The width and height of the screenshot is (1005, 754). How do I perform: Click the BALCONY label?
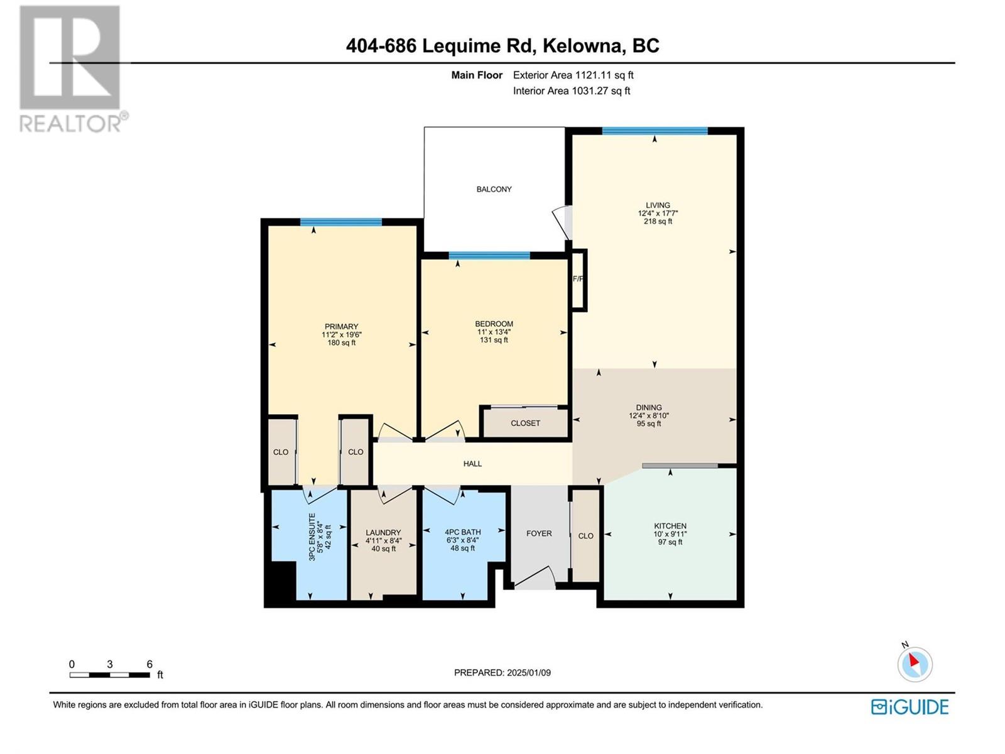pyautogui.click(x=494, y=189)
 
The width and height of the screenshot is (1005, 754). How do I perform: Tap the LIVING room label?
pyautogui.click(x=658, y=205)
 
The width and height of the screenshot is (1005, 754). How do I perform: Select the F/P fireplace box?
pyautogui.click(x=579, y=280)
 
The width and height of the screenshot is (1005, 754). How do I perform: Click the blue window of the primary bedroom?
pyautogui.click(x=340, y=222)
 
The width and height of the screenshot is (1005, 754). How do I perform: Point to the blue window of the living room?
pyautogui.click(x=655, y=131)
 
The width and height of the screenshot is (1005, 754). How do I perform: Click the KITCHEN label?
pyautogui.click(x=670, y=526)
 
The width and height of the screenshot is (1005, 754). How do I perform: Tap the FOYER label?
pyautogui.click(x=539, y=533)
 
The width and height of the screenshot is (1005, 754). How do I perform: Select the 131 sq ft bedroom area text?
pyautogui.click(x=494, y=340)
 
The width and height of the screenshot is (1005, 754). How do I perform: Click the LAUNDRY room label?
pyautogui.click(x=383, y=532)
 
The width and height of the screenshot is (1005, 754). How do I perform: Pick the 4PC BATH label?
pyautogui.click(x=462, y=532)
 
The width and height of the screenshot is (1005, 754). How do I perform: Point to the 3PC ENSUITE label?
pyautogui.click(x=312, y=537)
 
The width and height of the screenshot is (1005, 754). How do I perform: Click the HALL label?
pyautogui.click(x=472, y=464)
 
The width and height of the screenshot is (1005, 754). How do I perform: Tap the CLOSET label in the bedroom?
pyautogui.click(x=525, y=423)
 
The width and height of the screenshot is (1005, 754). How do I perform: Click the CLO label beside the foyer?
pyautogui.click(x=585, y=535)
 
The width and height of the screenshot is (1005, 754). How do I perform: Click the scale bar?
pyautogui.click(x=110, y=675)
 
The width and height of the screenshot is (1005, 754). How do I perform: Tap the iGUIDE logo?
pyautogui.click(x=910, y=707)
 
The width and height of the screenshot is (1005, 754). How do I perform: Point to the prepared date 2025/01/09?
pyautogui.click(x=528, y=672)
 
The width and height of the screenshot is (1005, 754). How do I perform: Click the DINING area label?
pyautogui.click(x=649, y=407)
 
